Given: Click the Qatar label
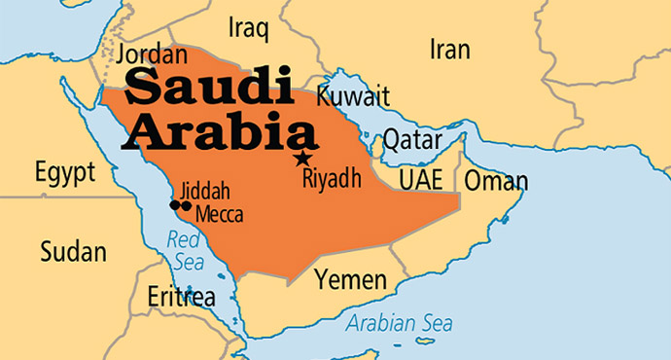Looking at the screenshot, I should click(412, 140).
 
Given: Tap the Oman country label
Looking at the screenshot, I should click(496, 181).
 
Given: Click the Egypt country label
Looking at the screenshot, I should click(65, 174).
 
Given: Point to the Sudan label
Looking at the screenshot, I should click(73, 252).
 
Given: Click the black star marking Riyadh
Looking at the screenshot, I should click(303, 158).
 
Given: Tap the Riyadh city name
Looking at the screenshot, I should click(332, 178).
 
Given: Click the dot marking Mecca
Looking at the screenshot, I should click(186, 205).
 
